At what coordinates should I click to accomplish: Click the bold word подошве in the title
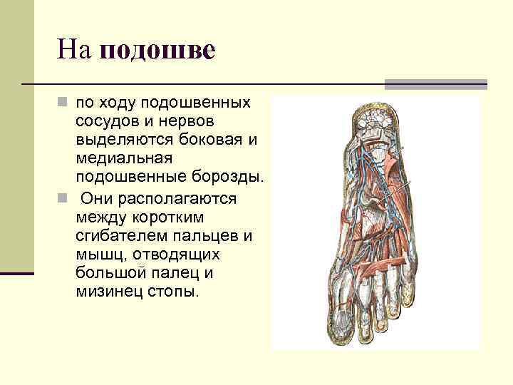158,51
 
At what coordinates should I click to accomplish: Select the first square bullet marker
63,103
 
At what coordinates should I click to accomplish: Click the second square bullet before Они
63,198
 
